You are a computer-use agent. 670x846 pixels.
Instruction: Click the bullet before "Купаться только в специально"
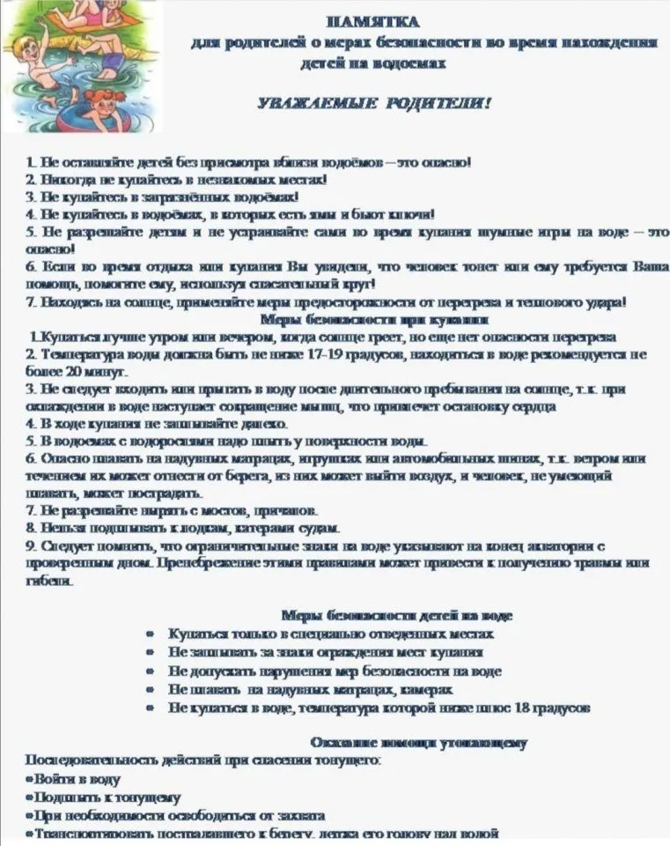[x=151, y=634]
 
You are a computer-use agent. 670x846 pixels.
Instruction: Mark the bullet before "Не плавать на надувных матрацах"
[x=151, y=690]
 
